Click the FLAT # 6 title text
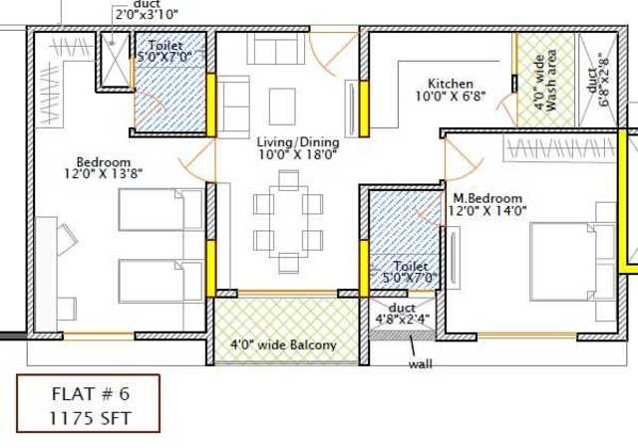click(x=91, y=393)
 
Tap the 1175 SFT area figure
click(x=91, y=418)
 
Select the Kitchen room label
click(x=451, y=84)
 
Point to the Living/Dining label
click(x=298, y=142)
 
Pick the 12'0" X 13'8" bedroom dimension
click(x=104, y=173)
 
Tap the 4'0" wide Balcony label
click(x=283, y=345)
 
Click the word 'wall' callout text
click(x=421, y=363)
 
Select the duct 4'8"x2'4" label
click(x=402, y=313)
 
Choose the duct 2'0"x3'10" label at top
click(x=147, y=10)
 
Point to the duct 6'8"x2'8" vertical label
click(x=598, y=81)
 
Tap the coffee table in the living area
click(x=282, y=107)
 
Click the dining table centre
click(x=288, y=221)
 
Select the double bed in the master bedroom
click(x=572, y=262)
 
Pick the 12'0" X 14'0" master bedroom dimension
click(x=487, y=211)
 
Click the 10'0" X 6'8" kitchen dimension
click(x=451, y=97)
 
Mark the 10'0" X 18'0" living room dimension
click(x=298, y=154)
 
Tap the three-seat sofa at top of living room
click(x=276, y=48)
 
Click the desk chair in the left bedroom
click(x=67, y=239)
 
